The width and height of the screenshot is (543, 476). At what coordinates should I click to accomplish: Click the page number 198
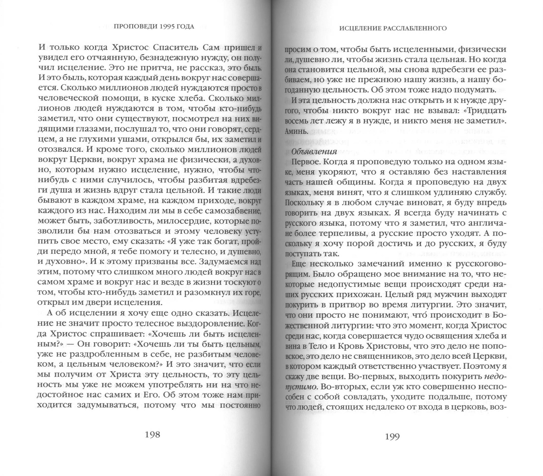click(153, 435)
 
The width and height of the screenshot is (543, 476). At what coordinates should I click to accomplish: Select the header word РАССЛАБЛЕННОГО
click(417, 28)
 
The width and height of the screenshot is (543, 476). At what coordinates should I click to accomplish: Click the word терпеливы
click(345, 233)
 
